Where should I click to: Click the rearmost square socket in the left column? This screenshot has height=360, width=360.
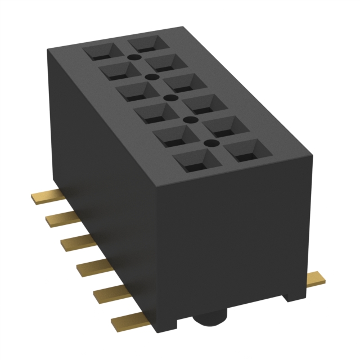click(100, 52)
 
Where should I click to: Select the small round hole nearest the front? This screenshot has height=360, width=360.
click(210, 144)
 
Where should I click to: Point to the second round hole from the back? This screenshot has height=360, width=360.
click(150, 77)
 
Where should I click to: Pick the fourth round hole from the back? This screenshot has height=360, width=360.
click(189, 120)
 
